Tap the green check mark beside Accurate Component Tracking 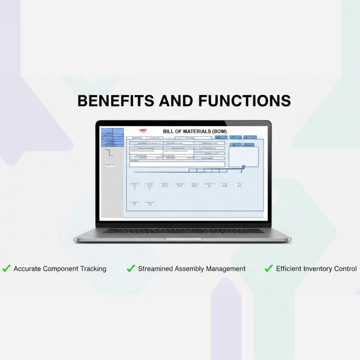6,268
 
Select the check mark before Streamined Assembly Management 131,268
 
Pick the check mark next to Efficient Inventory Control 268,268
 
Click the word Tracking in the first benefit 93,269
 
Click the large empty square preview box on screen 243,156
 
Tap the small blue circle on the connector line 243,167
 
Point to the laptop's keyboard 181,231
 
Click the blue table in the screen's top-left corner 112,137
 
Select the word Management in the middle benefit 225,269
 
